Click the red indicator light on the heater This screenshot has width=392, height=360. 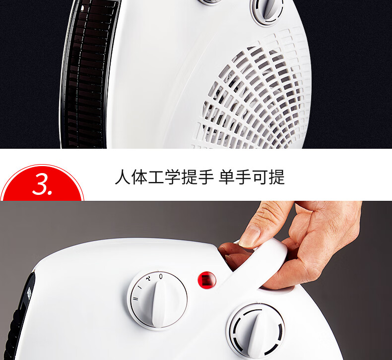coord(207,280)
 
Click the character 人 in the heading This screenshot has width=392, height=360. coord(123,177)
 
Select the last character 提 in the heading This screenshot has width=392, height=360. coord(277,177)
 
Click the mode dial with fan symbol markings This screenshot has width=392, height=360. coord(157,300)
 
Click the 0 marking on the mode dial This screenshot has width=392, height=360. coord(161,276)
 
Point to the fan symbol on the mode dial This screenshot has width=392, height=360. coord(148,278)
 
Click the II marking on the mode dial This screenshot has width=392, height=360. coord(135,299)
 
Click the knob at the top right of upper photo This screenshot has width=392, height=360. coord(267,11)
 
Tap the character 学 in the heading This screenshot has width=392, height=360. coord(172,177)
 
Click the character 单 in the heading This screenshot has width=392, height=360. coord(227,177)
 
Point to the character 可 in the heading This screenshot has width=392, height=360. coord(260,177)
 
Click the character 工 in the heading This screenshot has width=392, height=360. coord(156,177)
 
